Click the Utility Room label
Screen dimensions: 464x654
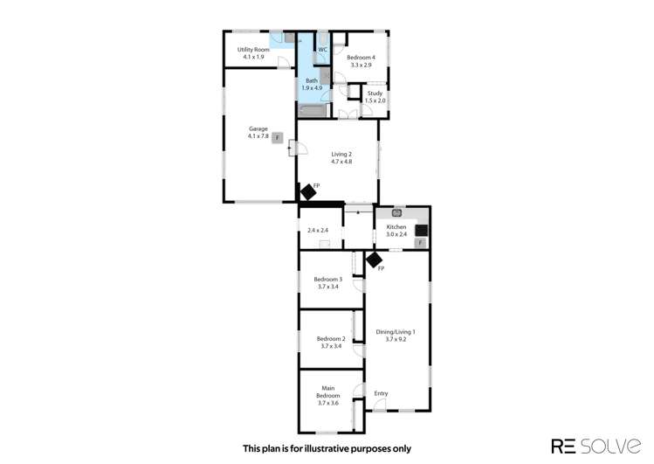(x=251, y=50)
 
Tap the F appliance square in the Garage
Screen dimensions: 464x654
(x=277, y=138)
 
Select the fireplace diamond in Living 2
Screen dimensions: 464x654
(x=307, y=191)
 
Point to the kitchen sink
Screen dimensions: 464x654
(x=397, y=212)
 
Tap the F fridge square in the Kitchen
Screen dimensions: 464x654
(x=420, y=242)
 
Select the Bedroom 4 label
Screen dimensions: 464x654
(x=361, y=57)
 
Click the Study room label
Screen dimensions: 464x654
(x=375, y=93)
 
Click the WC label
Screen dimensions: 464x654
(x=322, y=50)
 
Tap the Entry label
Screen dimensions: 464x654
(x=381, y=393)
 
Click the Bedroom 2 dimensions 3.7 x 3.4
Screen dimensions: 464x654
(x=331, y=346)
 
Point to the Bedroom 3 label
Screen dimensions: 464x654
(x=327, y=279)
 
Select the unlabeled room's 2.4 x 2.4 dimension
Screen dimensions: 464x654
(x=318, y=231)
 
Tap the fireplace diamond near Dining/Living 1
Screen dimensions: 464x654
(x=374, y=259)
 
